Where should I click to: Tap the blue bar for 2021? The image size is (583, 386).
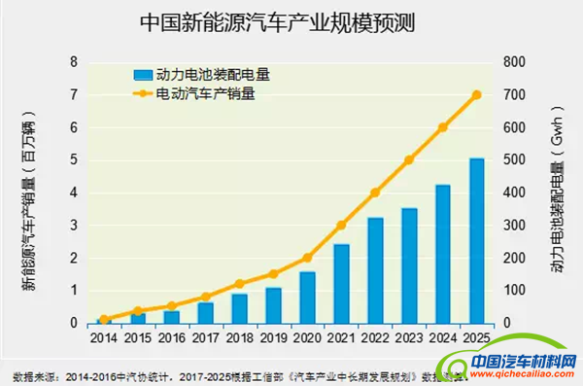tap(341, 283)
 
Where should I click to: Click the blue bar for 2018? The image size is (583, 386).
tap(239, 308)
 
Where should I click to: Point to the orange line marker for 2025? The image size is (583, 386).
tap(476, 94)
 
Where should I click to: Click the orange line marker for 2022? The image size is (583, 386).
tap(375, 193)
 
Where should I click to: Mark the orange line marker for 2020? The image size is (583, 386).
tap(307, 258)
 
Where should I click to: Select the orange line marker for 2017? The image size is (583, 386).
tap(206, 297)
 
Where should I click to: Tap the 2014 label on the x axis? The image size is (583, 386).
tap(104, 337)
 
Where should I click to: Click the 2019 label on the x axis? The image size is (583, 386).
tap(273, 337)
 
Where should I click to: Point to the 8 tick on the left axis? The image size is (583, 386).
tap(74, 62)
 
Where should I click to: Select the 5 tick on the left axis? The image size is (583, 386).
tap(74, 160)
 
